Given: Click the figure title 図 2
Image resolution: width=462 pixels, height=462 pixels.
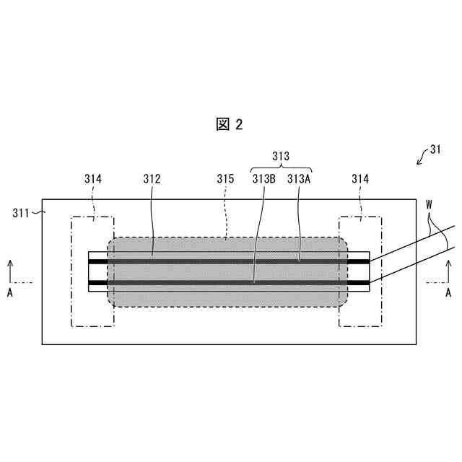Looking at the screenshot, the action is pyautogui.click(x=230, y=124).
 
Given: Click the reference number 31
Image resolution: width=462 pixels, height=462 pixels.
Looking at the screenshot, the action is pyautogui.click(x=435, y=150).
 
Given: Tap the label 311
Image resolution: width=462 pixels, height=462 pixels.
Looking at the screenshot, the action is pyautogui.click(x=22, y=212).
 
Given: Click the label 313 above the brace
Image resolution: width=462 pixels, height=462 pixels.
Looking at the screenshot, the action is pyautogui.click(x=281, y=156).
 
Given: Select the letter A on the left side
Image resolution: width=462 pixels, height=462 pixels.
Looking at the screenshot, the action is pyautogui.click(x=9, y=292).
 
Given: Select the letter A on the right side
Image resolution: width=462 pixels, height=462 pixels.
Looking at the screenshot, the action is pyautogui.click(x=448, y=292).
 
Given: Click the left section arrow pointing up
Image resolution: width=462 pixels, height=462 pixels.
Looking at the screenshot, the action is pyautogui.click(x=10, y=271).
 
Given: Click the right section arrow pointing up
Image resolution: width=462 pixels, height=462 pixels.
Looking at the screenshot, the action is pyautogui.click(x=448, y=271).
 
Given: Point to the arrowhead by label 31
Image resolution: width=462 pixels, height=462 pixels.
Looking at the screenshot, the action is pyautogui.click(x=419, y=163).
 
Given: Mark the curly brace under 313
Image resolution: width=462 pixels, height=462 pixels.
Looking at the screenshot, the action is pyautogui.click(x=281, y=167).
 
